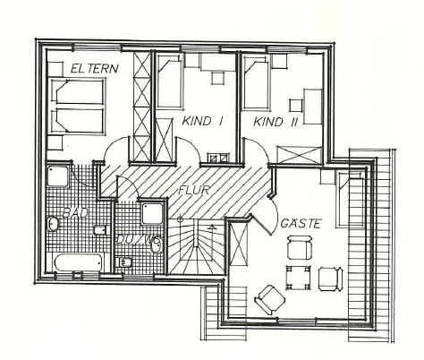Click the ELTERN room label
point(95,68)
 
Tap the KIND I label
point(202,121)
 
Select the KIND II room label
point(276,122)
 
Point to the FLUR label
point(194,190)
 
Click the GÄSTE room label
point(301,223)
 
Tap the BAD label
point(76,213)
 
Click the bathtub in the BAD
point(79,262)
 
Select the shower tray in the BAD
point(58,176)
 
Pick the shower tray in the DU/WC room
point(152,214)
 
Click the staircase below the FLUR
point(196,246)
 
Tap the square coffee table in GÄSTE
point(298,278)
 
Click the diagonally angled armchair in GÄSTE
point(270,300)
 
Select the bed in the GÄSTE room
point(351,200)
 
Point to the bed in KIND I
point(169,81)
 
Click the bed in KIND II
point(256,81)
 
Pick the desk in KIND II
point(313,106)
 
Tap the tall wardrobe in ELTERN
point(142,107)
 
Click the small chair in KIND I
point(217,78)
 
